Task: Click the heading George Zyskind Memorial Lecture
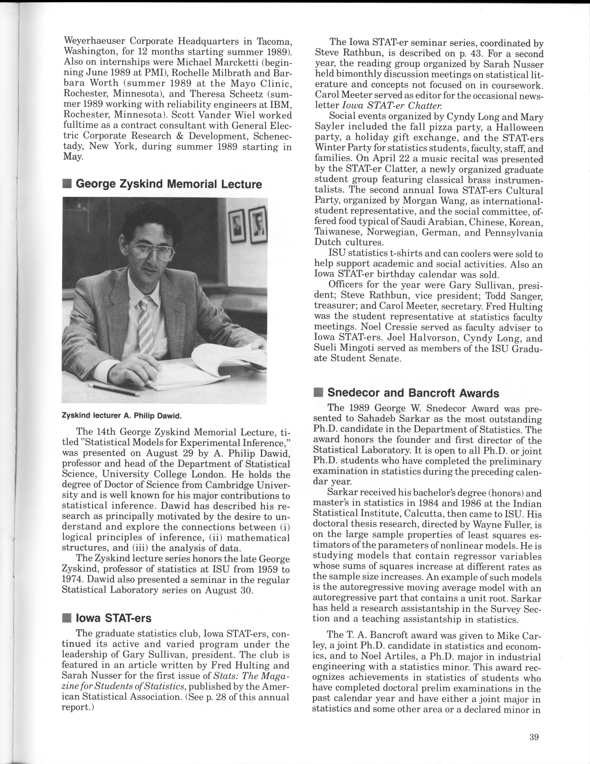168,184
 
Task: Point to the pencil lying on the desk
114,390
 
